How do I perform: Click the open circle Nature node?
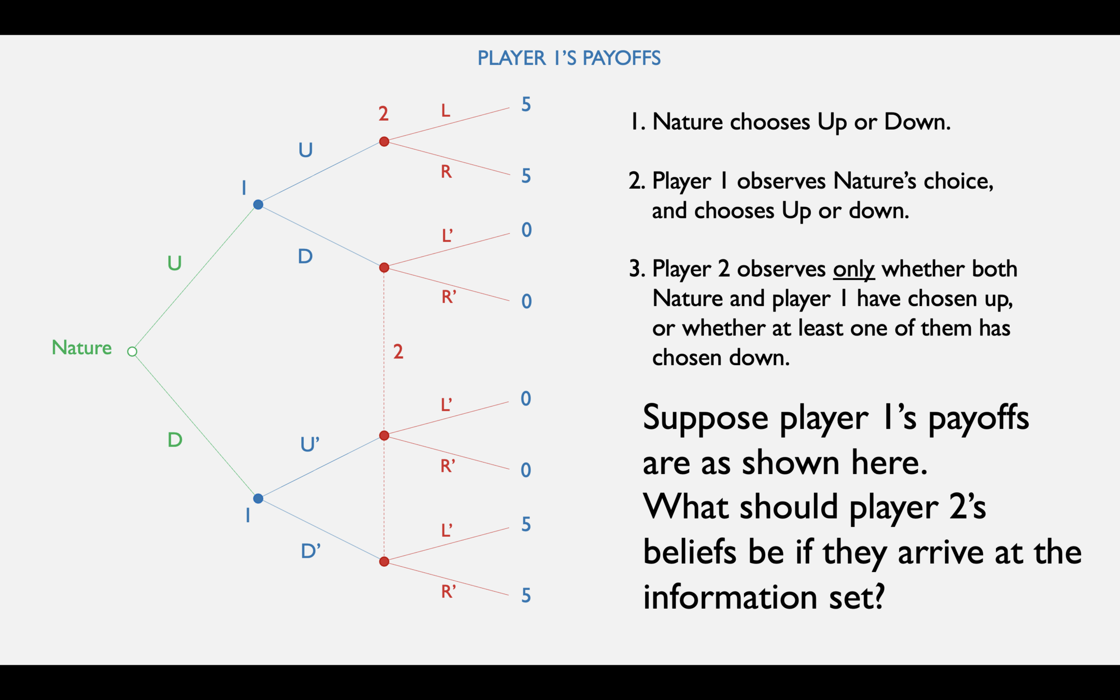coord(132,352)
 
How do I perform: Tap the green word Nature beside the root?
coord(81,347)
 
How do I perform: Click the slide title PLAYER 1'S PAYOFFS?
coord(569,58)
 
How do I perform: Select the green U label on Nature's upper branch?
coord(174,263)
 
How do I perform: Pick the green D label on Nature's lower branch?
coord(175,440)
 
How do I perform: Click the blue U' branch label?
coord(310,444)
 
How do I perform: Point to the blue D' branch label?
coord(311,551)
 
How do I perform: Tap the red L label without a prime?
coord(445,110)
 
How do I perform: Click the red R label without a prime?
coord(446,172)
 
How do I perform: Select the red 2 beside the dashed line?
coord(398,352)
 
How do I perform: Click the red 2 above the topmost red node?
coord(383,114)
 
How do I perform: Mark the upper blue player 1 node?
coord(258,205)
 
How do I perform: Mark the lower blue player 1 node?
coord(258,499)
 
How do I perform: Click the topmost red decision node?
coord(384,142)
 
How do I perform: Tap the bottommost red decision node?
coord(384,562)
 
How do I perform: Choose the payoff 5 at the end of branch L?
coord(526,105)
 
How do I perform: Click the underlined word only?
coord(853,269)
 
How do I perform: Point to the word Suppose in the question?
coord(705,418)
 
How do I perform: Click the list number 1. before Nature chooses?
coord(638,122)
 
